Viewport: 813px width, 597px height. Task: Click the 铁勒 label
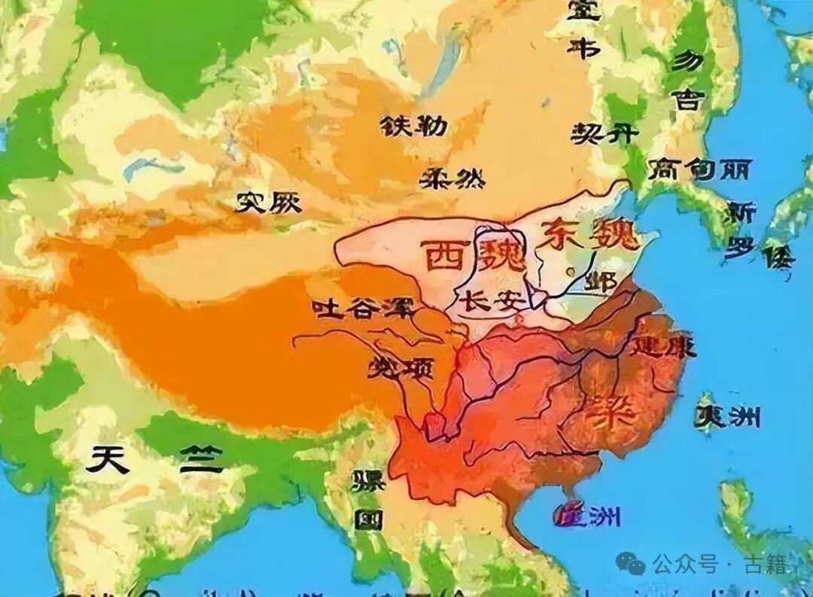[413, 126]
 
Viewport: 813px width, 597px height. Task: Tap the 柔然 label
[452, 178]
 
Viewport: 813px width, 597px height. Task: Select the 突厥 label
[268, 201]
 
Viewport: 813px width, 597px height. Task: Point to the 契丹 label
[604, 134]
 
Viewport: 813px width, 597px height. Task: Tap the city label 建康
[664, 346]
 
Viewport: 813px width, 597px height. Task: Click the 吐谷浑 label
[353, 309]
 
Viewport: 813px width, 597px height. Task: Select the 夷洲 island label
[728, 416]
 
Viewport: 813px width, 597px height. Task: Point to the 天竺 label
[154, 459]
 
